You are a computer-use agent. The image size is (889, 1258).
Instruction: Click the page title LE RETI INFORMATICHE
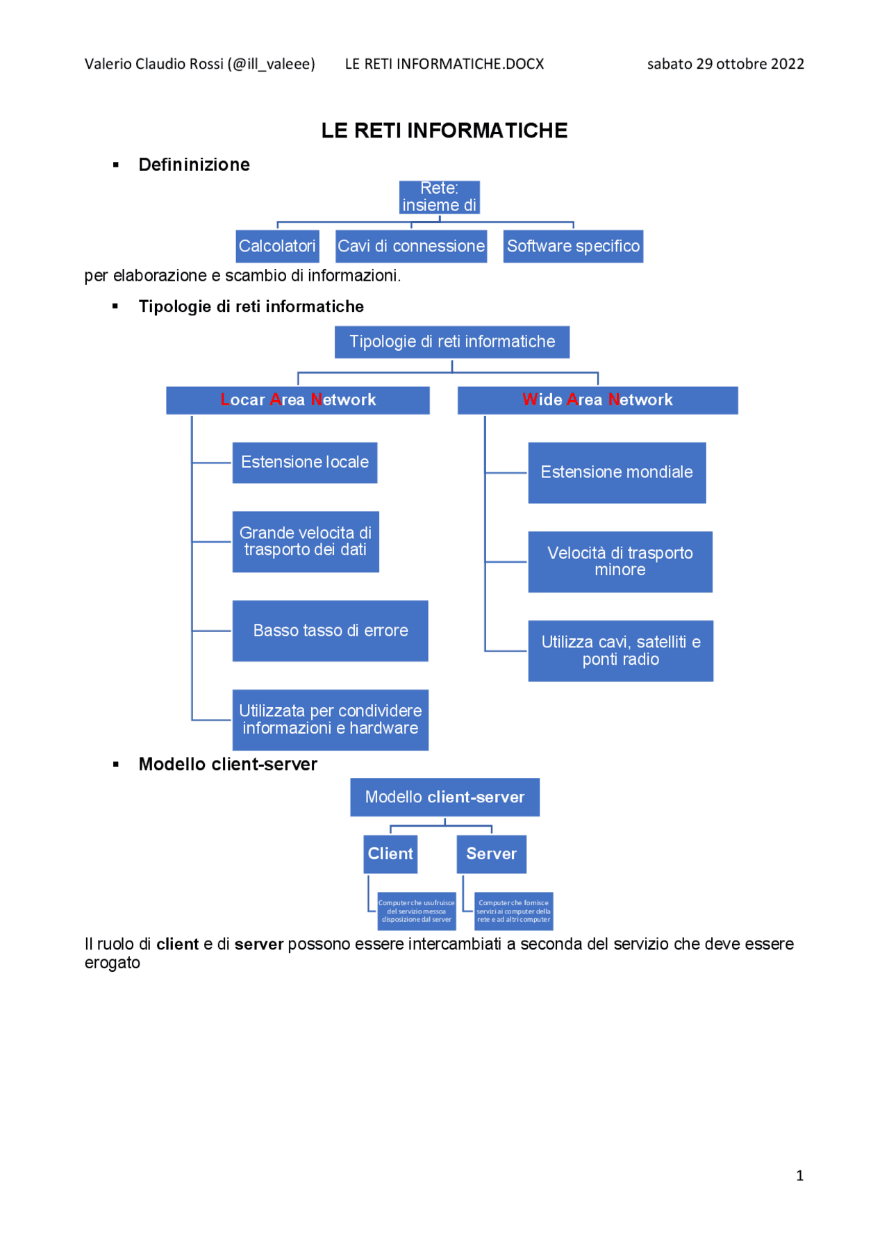click(444, 131)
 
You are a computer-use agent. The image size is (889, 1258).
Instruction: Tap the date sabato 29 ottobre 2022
click(725, 64)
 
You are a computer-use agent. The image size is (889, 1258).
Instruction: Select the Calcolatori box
click(277, 247)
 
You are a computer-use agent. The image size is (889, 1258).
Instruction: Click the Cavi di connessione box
click(410, 247)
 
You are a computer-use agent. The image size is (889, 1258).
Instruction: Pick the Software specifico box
click(573, 247)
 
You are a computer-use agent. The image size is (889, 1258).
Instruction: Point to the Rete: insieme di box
click(439, 197)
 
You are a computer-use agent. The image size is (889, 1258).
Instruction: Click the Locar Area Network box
click(297, 400)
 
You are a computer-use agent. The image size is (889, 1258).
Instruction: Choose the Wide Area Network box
click(597, 400)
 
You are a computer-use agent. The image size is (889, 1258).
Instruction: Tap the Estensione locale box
click(304, 463)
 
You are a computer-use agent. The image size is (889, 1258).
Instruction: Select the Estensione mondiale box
click(617, 472)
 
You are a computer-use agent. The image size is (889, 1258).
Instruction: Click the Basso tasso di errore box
click(330, 631)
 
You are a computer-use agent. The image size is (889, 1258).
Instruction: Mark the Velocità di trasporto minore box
click(620, 562)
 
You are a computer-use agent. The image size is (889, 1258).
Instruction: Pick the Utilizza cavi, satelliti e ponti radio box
click(620, 651)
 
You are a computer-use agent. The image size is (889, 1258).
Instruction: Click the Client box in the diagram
click(390, 854)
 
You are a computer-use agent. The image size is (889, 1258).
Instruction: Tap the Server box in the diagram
click(491, 854)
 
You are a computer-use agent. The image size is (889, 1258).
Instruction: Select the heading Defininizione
click(194, 165)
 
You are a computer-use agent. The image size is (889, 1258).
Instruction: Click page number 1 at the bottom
click(799, 1175)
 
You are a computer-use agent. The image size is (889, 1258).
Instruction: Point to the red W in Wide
click(530, 399)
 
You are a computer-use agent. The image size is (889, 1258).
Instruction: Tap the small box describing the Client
click(416, 911)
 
